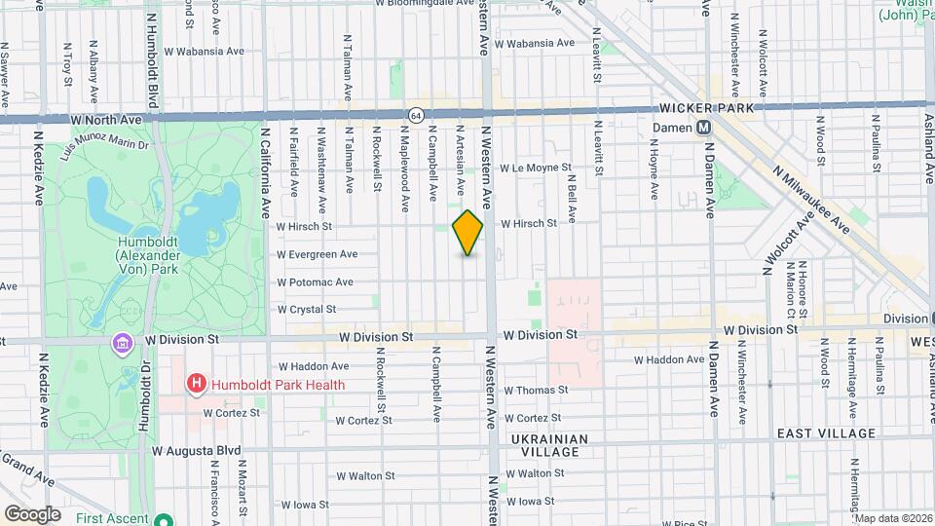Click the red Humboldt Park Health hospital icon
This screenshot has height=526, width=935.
(196, 384)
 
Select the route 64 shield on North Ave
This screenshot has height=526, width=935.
(416, 115)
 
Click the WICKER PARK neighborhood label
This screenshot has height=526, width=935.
(706, 108)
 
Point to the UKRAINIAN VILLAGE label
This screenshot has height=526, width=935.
(550, 445)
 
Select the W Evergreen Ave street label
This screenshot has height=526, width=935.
(317, 254)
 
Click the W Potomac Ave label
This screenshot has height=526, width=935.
(315, 282)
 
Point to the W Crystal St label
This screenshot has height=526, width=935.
(306, 310)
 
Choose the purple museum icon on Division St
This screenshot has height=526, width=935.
(122, 344)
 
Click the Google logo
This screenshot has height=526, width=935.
(32, 513)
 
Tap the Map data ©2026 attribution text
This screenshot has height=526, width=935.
(892, 517)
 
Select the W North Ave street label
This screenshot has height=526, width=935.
(108, 119)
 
